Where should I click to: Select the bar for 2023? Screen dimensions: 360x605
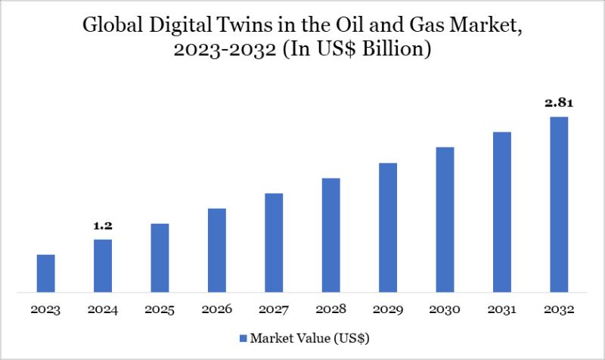pyautogui.click(x=46, y=273)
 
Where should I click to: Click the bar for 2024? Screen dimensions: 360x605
pyautogui.click(x=103, y=265)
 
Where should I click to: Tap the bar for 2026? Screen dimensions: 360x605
pyautogui.click(x=217, y=250)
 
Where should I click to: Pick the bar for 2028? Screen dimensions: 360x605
pyautogui.click(x=331, y=234)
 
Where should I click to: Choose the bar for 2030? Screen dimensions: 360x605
pyautogui.click(x=445, y=219)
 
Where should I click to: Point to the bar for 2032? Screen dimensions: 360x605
pyautogui.click(x=559, y=204)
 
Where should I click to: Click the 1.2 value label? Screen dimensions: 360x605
pyautogui.click(x=103, y=225)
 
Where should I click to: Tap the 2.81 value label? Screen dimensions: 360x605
pyautogui.click(x=559, y=102)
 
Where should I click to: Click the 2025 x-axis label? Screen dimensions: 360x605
pyautogui.click(x=160, y=309)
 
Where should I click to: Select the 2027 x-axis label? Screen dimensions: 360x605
pyautogui.click(x=274, y=309)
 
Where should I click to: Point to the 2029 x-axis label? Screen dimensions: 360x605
pyautogui.click(x=388, y=309)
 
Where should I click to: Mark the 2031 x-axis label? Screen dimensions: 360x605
pyautogui.click(x=502, y=309)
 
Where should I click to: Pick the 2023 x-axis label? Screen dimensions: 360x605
pyautogui.click(x=46, y=309)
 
